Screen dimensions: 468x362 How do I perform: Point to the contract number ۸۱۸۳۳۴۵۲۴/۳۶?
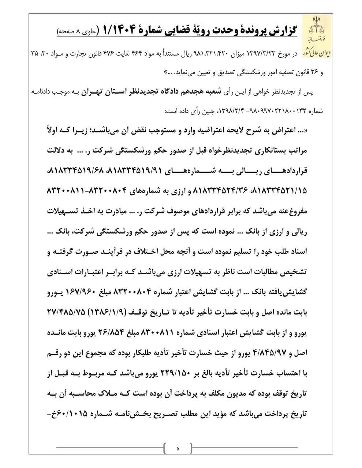[x=219, y=191]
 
